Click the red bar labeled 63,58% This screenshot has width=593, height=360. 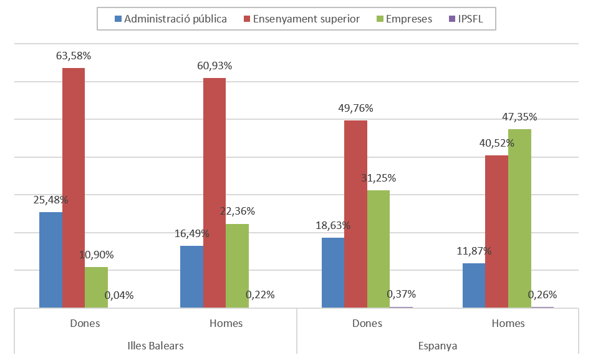(74, 187)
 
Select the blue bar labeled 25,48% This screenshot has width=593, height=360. (51, 260)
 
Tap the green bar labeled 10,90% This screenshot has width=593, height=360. (96, 287)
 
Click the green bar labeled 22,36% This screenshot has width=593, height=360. (237, 265)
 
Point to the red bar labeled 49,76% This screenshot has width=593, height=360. (355, 213)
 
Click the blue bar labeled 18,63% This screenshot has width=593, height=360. (332, 272)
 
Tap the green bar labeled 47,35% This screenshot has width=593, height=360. (519, 218)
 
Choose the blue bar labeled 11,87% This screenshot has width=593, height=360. (473, 285)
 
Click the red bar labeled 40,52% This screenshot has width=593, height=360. (496, 231)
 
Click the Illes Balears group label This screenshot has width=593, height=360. (155, 346)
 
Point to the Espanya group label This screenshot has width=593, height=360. (438, 346)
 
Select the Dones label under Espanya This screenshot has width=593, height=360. (367, 323)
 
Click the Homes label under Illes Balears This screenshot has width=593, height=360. (226, 323)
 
